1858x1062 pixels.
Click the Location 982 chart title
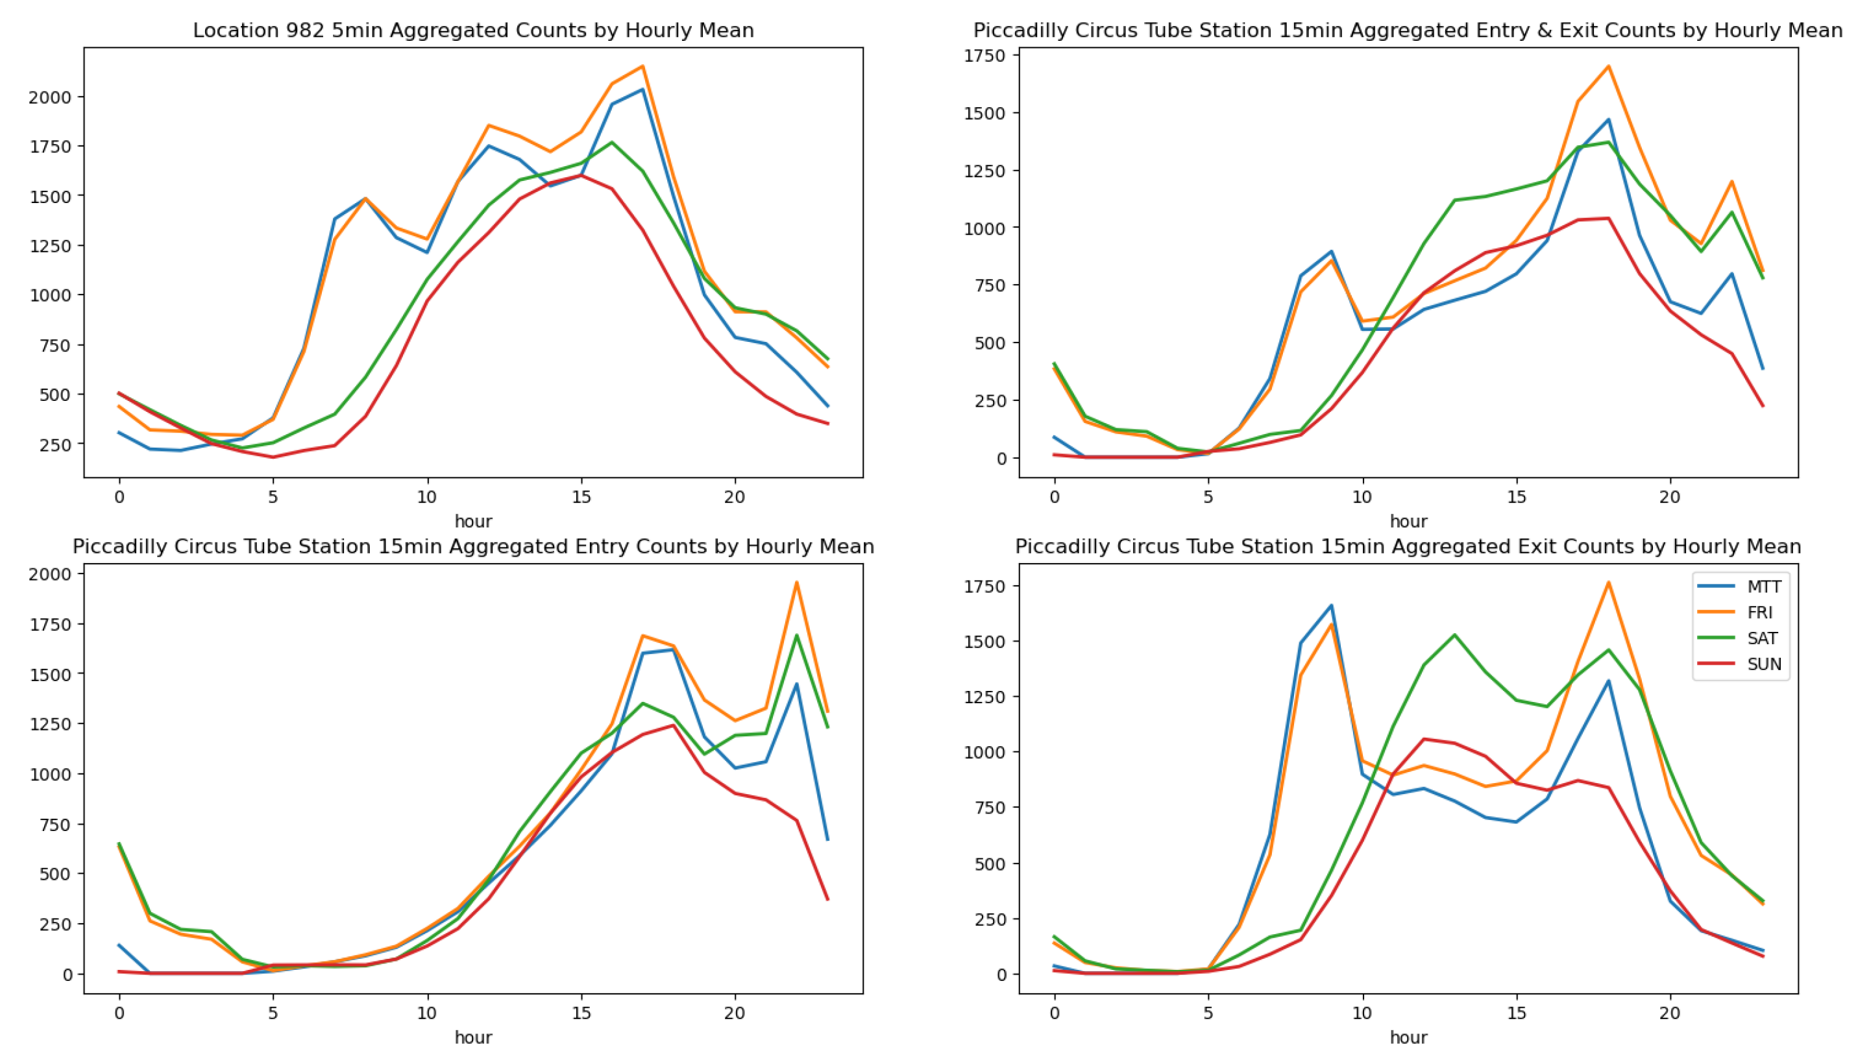(472, 30)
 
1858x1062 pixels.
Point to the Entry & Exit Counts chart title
(1408, 30)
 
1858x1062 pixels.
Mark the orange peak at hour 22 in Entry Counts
(796, 582)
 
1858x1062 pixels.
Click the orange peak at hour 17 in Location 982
(642, 66)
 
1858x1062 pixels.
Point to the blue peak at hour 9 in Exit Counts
(1331, 605)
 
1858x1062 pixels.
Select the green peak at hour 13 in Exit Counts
(1454, 634)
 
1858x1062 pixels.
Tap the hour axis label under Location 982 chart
(472, 522)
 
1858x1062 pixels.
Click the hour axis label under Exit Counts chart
(1408, 1037)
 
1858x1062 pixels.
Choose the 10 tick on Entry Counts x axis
(427, 1013)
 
